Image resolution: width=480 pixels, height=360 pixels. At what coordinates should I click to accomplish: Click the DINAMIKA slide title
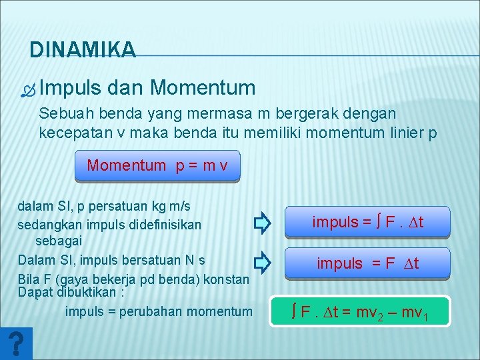pyautogui.click(x=83, y=49)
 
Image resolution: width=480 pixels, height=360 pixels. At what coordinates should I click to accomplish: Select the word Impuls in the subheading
pyautogui.click(x=70, y=87)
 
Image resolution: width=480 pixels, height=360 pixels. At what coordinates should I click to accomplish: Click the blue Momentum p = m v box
pyautogui.click(x=157, y=165)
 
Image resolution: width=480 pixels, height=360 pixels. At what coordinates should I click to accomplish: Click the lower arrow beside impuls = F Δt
pyautogui.click(x=262, y=263)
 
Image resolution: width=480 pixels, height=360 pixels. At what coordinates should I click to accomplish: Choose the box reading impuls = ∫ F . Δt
pyautogui.click(x=367, y=223)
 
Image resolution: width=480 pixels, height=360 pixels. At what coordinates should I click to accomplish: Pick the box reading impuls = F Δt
pyautogui.click(x=367, y=263)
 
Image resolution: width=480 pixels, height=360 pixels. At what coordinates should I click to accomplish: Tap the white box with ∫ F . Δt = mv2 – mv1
pyautogui.click(x=360, y=311)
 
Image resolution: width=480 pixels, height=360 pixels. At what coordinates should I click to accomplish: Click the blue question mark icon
pyautogui.click(x=17, y=344)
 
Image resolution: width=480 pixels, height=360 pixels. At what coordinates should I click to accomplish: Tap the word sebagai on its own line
pyautogui.click(x=59, y=240)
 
